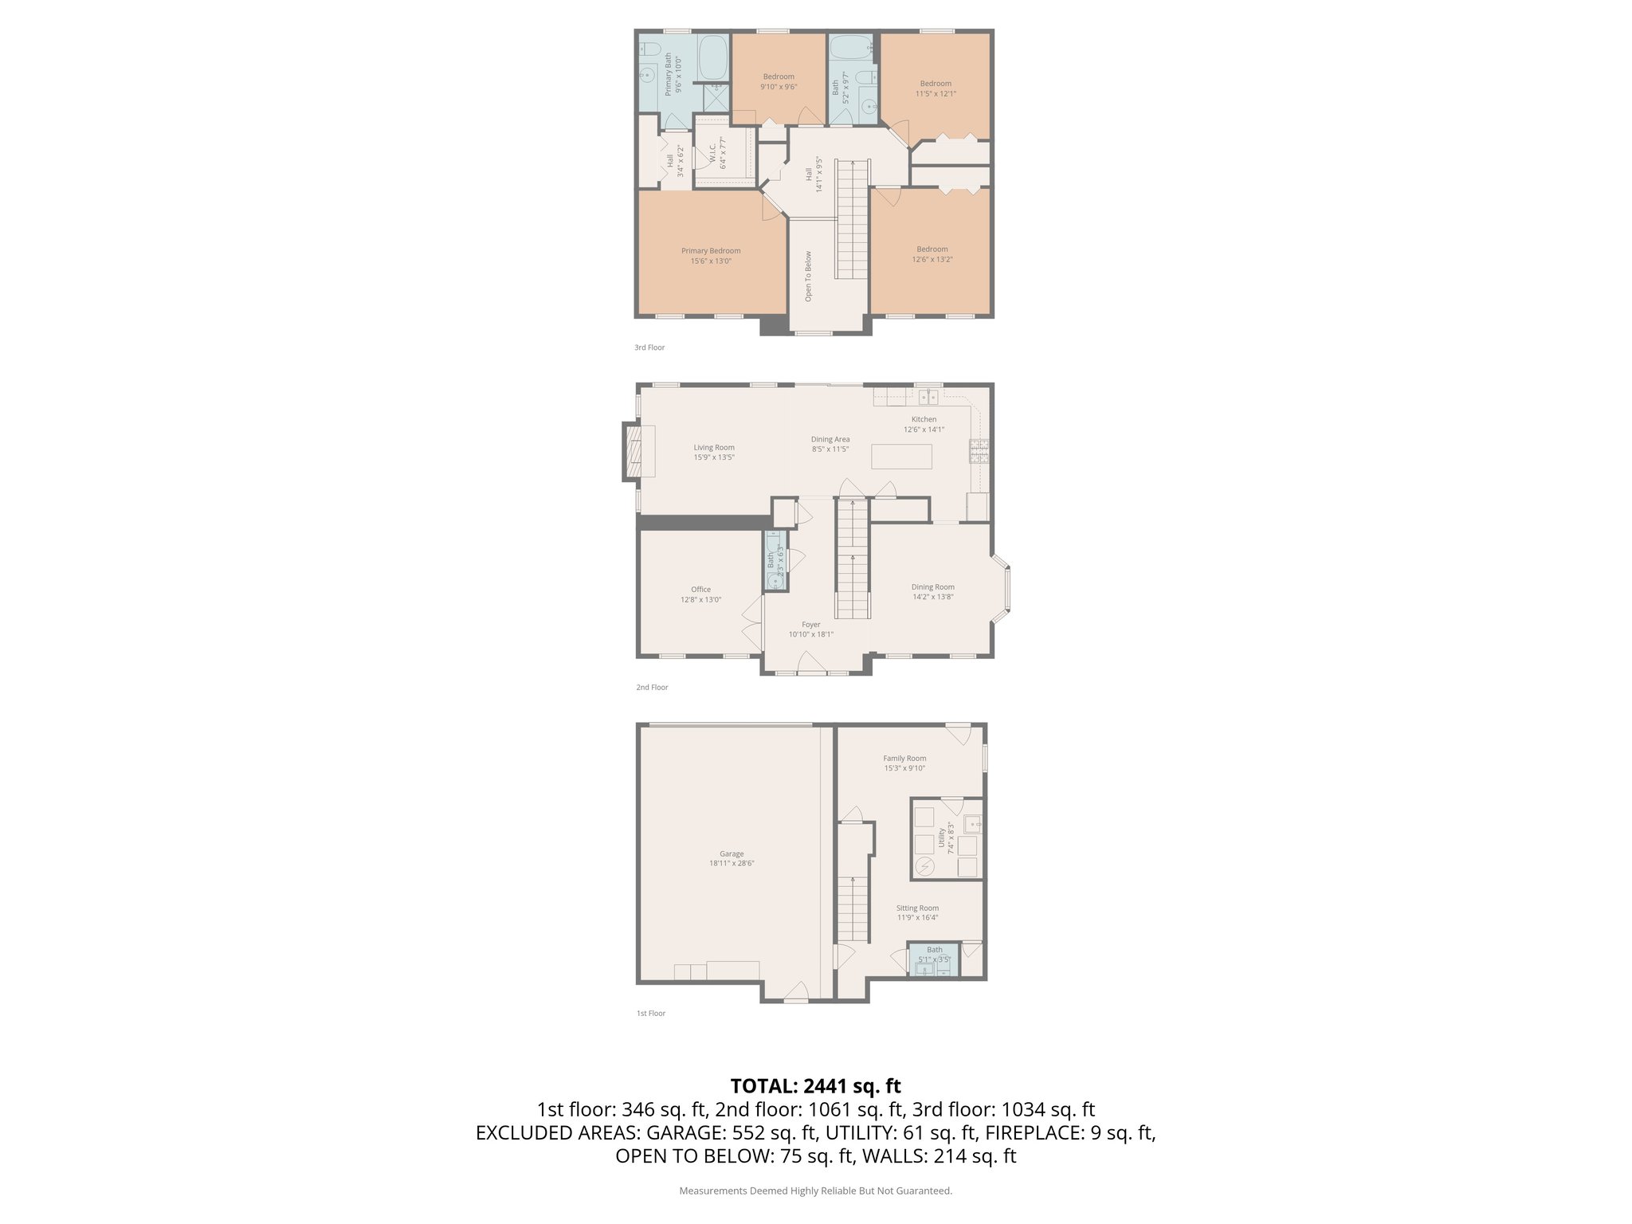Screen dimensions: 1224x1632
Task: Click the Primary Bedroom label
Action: pyautogui.click(x=710, y=251)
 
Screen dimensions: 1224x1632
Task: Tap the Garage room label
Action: pyautogui.click(x=732, y=853)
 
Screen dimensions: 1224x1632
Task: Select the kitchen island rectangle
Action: pyautogui.click(x=901, y=457)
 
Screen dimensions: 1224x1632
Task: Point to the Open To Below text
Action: pyautogui.click(x=808, y=277)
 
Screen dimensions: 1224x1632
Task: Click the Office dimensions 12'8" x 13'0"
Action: pyautogui.click(x=700, y=600)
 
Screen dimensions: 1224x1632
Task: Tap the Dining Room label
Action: pyautogui.click(x=932, y=587)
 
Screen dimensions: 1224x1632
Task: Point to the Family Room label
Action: pyautogui.click(x=904, y=759)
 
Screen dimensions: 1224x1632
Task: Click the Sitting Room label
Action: pyautogui.click(x=917, y=908)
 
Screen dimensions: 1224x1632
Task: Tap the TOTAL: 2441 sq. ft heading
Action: pyautogui.click(x=815, y=1085)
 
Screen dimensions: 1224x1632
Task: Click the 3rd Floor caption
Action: pyautogui.click(x=649, y=347)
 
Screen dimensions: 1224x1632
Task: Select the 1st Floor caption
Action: pyautogui.click(x=650, y=1014)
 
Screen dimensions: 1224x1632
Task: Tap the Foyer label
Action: pyautogui.click(x=810, y=625)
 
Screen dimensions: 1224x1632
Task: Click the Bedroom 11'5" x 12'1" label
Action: pyautogui.click(x=936, y=84)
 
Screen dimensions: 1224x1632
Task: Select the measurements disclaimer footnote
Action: pyautogui.click(x=815, y=1191)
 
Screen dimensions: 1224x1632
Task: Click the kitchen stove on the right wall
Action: pyautogui.click(x=979, y=452)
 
